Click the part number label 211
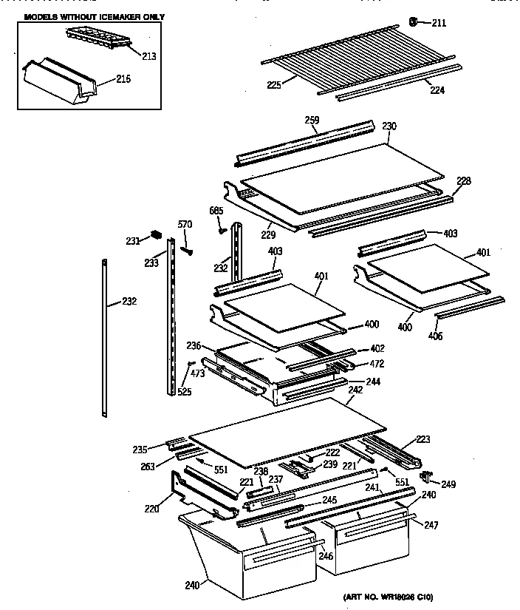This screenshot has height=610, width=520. tap(439, 23)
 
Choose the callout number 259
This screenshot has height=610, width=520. tap(312, 121)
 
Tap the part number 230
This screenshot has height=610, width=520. tap(389, 126)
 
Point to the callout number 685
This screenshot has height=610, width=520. tap(216, 211)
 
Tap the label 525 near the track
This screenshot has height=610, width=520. tap(184, 392)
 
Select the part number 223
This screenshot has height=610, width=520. tap(422, 439)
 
